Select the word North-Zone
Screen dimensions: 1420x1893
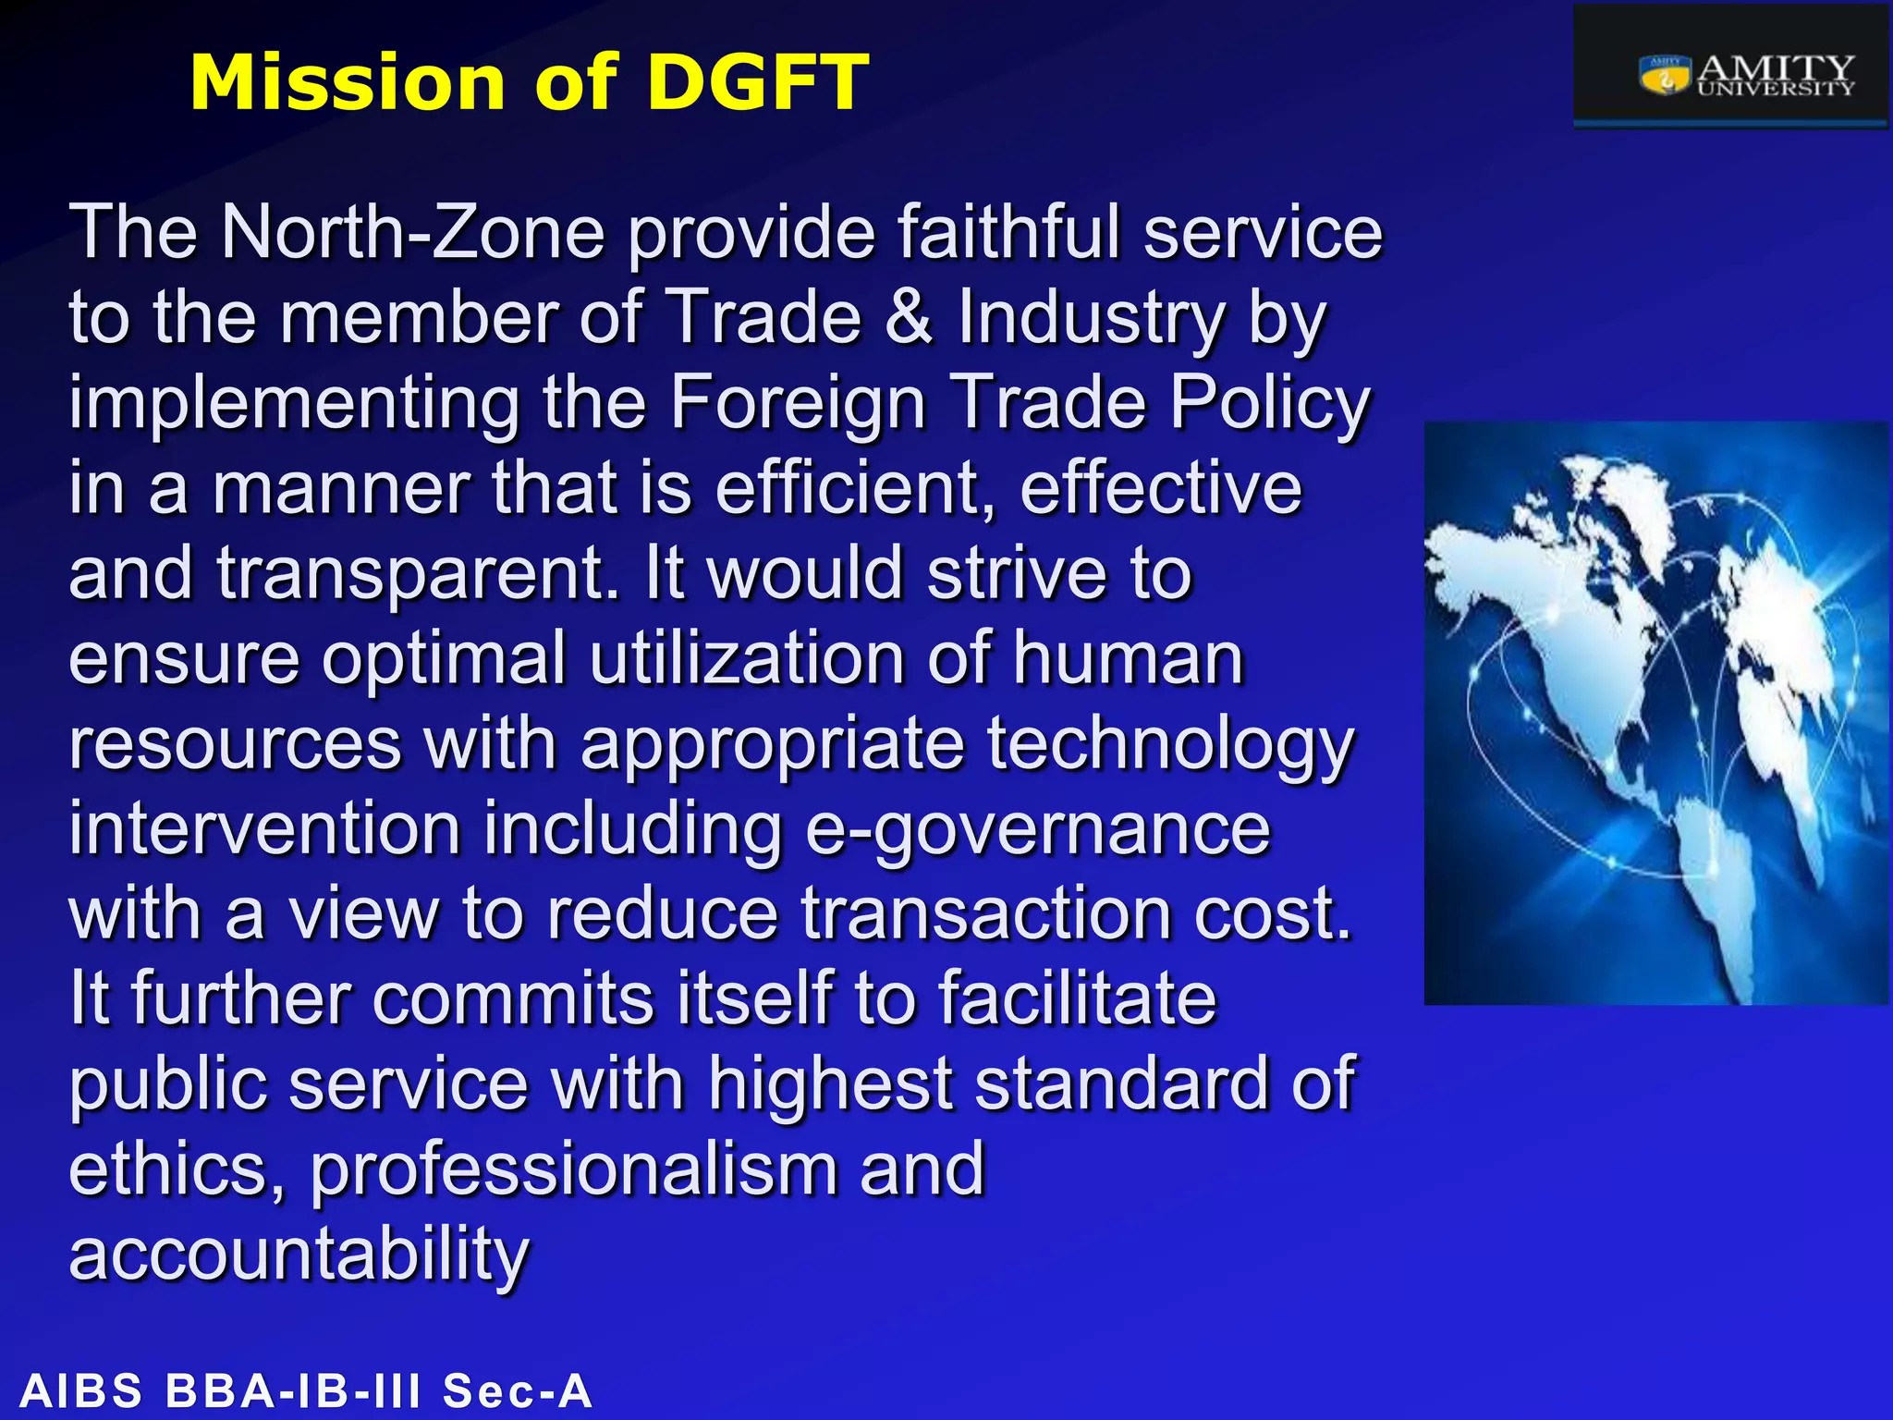[412, 232]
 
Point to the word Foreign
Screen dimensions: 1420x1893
[797, 403]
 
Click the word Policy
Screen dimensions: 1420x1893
[1269, 403]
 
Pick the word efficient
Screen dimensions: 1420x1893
[855, 488]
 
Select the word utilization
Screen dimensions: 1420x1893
[746, 658]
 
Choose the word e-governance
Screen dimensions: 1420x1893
[1037, 829]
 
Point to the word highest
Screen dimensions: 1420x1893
[830, 1084]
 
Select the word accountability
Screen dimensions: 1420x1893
[299, 1255]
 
